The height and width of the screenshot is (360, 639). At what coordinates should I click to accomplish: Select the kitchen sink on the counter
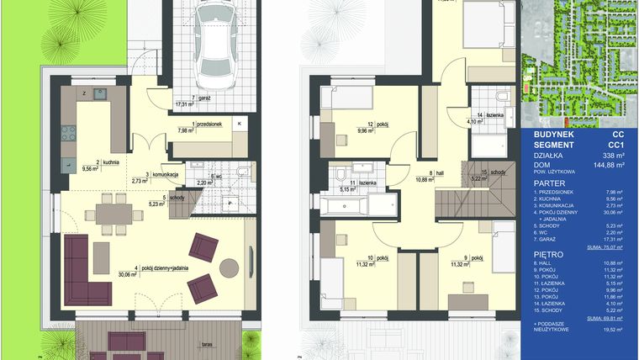pos(100,93)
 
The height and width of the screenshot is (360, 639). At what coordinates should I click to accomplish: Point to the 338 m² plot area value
pos(608,156)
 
